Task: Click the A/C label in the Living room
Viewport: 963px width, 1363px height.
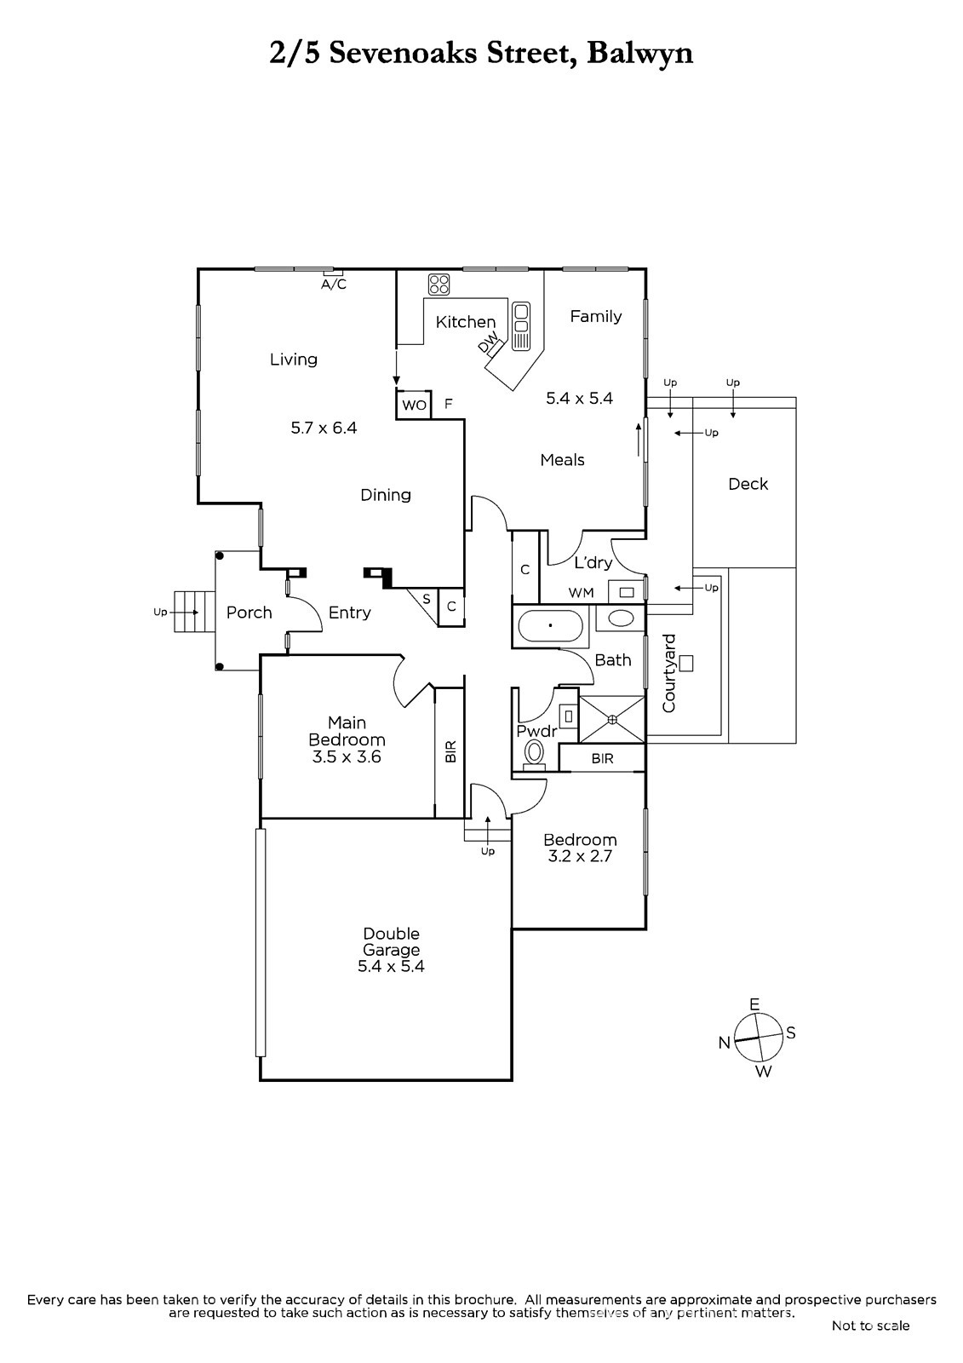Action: (x=334, y=285)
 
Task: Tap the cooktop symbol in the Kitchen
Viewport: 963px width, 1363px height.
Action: (x=439, y=285)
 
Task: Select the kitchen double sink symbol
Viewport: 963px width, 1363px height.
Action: (x=521, y=326)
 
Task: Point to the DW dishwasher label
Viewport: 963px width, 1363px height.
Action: (x=488, y=342)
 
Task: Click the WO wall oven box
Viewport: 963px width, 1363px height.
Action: (x=414, y=404)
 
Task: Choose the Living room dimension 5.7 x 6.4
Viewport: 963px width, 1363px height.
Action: (x=324, y=428)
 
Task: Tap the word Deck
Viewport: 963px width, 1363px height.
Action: (x=748, y=484)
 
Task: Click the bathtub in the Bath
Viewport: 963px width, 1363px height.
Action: (x=551, y=625)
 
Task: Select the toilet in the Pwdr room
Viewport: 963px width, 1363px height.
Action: (x=535, y=755)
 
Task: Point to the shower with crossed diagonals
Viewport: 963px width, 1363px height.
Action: (x=611, y=719)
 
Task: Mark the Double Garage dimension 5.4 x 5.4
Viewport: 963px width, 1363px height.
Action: (x=391, y=966)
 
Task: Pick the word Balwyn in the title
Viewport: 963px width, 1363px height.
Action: (x=640, y=54)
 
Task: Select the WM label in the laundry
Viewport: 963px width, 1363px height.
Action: (x=581, y=593)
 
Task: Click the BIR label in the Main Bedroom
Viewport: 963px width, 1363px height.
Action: (x=450, y=751)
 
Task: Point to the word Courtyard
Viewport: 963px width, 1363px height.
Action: (x=668, y=674)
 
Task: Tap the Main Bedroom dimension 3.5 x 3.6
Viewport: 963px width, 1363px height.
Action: (x=347, y=757)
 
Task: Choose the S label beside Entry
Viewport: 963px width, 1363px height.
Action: (x=427, y=600)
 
